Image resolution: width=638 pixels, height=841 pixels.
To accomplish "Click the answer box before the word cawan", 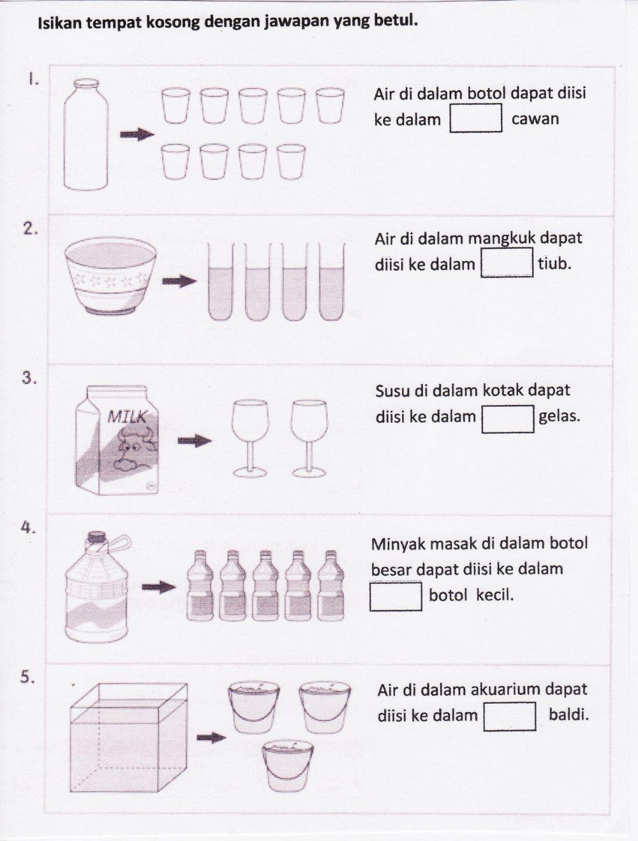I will coord(476,119).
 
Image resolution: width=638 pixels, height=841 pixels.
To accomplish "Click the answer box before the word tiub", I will coord(507,263).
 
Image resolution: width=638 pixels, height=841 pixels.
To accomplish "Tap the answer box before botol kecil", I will coord(396,596).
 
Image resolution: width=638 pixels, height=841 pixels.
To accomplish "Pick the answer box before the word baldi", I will coord(509,715).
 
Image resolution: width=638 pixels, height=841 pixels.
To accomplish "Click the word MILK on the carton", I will coord(127,417).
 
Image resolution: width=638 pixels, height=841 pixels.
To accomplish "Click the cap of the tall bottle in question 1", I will coord(86,83).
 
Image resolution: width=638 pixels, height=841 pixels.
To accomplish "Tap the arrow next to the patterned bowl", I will coord(179,281).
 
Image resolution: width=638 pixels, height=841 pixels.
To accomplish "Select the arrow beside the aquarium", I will coord(211,738).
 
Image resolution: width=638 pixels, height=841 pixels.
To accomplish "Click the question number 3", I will coord(28,377).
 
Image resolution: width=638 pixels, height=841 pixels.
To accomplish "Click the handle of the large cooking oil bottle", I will coord(119,546).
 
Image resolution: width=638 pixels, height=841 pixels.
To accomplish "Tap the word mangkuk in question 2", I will coord(501,238).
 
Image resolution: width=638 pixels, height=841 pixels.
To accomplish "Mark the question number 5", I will coord(27,677).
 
